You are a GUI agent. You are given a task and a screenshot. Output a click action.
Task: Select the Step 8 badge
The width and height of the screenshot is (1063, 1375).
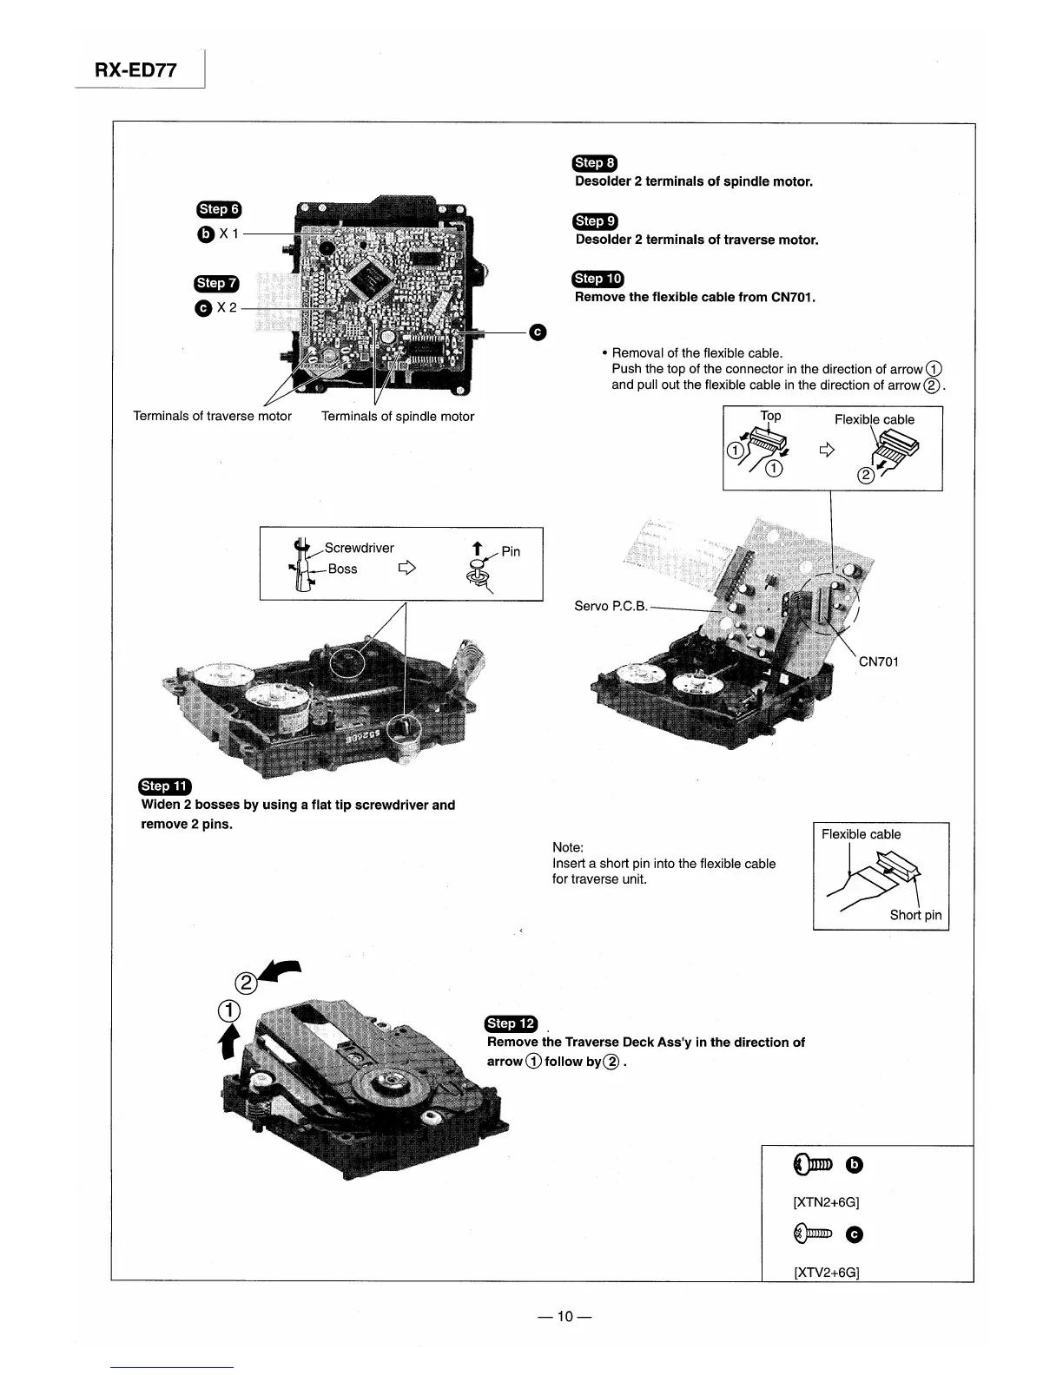594,162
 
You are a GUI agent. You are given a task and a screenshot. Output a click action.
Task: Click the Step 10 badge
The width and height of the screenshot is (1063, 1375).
598,279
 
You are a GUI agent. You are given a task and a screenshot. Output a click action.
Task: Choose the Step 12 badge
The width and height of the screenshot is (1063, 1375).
512,1023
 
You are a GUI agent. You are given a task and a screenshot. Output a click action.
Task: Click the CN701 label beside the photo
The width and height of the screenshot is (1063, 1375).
878,661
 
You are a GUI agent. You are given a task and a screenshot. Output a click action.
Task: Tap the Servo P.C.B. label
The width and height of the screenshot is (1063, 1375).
611,606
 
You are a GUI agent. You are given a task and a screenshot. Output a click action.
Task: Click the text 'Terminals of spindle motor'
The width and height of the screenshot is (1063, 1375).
398,417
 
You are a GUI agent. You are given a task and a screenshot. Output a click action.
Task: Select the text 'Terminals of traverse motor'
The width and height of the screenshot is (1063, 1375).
212,417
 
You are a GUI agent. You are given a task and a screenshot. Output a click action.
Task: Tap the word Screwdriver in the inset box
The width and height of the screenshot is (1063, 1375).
359,548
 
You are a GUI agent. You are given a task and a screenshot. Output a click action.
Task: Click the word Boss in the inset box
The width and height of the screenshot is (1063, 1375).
342,569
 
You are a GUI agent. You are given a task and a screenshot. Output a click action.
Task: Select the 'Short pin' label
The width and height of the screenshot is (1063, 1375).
915,915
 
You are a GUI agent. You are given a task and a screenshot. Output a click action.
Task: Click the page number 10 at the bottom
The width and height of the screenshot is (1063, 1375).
565,1317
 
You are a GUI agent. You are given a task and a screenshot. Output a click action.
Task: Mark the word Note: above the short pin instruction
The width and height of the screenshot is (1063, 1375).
568,847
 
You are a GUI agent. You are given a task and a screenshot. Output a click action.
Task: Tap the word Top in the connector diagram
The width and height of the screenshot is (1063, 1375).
770,416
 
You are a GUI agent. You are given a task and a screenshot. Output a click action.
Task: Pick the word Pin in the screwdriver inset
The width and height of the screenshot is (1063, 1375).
511,551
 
